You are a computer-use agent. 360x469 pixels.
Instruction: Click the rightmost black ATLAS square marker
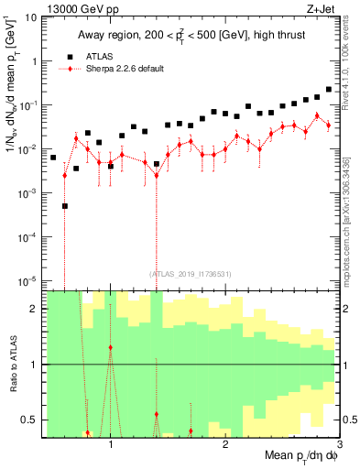coord(329,90)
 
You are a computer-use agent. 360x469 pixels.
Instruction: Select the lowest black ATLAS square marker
coord(65,206)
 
